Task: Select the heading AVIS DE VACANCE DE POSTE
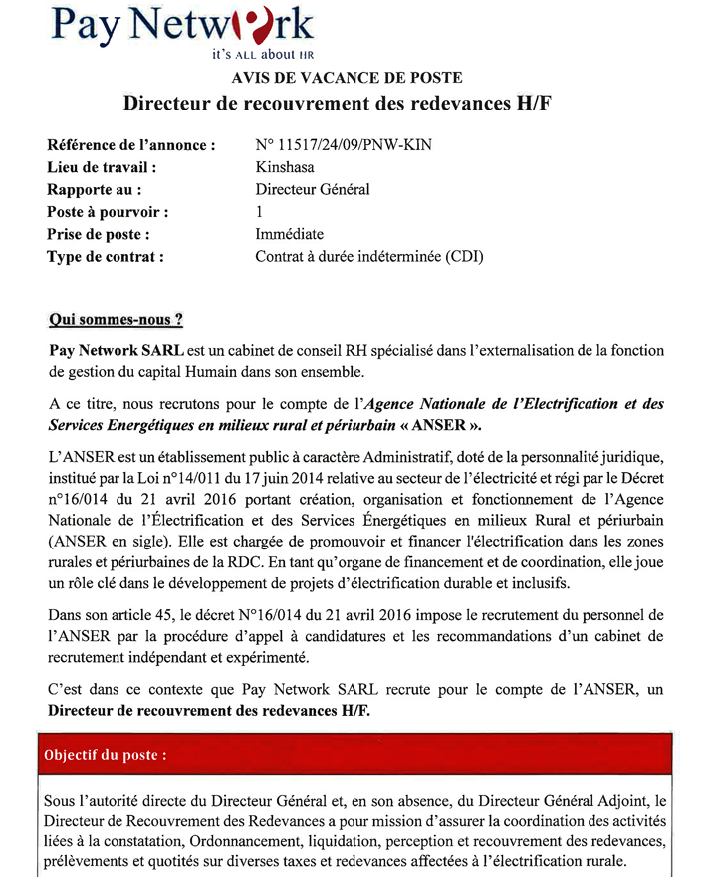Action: click(x=347, y=78)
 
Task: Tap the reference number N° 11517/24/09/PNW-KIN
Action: click(x=344, y=145)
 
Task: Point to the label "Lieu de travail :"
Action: click(x=102, y=167)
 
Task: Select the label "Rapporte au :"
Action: click(x=94, y=189)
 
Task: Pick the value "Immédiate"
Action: click(x=289, y=234)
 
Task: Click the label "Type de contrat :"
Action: click(x=105, y=256)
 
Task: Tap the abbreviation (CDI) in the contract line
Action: click(x=464, y=256)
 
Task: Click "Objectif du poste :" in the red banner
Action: click(x=105, y=754)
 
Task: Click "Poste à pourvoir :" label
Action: click(x=108, y=212)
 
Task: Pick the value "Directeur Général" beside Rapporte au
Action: click(x=313, y=189)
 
